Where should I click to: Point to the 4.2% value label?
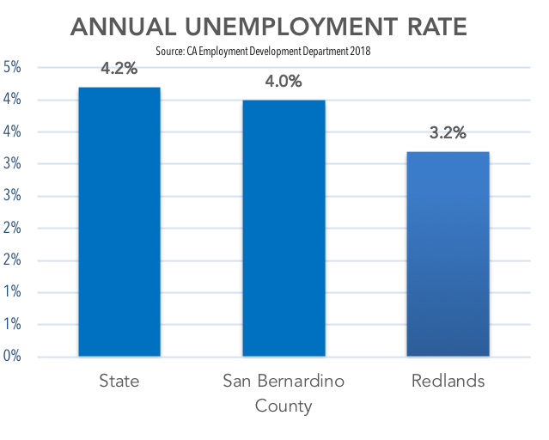pyautogui.click(x=119, y=70)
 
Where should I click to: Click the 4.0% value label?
pyautogui.click(x=284, y=82)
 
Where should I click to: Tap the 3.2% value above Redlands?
pyautogui.click(x=448, y=132)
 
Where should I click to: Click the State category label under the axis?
pyautogui.click(x=119, y=381)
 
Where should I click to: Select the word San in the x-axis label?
pyautogui.click(x=238, y=381)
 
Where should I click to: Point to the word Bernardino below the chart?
pyautogui.click(x=300, y=381)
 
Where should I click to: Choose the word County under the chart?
pyautogui.click(x=284, y=405)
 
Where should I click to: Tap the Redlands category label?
pyautogui.click(x=448, y=381)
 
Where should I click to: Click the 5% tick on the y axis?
pyautogui.click(x=13, y=68)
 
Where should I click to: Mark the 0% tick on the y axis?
pyautogui.click(x=13, y=356)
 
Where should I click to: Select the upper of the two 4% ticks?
pyautogui.click(x=13, y=101)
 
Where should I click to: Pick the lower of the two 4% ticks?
pyautogui.click(x=13, y=132)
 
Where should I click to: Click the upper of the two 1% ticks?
pyautogui.click(x=13, y=292)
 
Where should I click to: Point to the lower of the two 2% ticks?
pyautogui.click(x=13, y=260)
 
